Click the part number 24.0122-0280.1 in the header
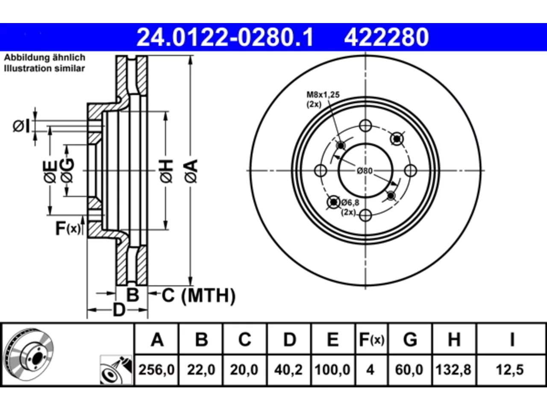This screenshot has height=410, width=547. point(225,37)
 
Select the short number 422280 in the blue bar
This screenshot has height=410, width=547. point(386,37)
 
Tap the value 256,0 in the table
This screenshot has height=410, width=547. point(156,370)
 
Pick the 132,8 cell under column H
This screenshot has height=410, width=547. point(453,370)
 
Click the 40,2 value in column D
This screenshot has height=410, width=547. point(288,370)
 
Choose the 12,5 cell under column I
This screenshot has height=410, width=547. point(510,370)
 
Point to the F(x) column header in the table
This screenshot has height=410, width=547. point(371,340)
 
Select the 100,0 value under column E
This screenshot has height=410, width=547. point(332,370)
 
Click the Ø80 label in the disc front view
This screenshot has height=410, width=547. point(365,171)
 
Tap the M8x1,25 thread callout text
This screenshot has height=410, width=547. point(323,95)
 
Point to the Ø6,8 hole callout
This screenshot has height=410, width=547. point(350,202)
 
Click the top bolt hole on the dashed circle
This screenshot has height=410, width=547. point(365,126)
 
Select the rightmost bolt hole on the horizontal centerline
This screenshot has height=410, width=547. point(410,170)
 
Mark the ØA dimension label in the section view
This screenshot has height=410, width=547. point(191,171)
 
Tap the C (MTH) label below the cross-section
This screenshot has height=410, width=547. point(199,296)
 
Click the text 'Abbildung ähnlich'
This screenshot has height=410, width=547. point(44,58)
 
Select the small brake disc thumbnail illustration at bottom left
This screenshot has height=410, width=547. point(29,354)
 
